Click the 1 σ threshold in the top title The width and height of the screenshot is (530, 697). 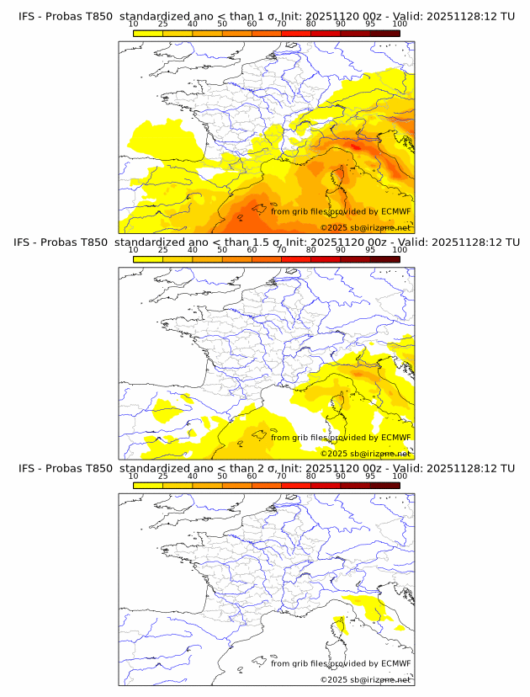click(267, 17)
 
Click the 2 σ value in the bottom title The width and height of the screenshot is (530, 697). click(267, 468)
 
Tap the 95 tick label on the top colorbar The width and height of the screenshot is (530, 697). click(370, 24)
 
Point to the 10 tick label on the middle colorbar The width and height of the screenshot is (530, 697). click(133, 250)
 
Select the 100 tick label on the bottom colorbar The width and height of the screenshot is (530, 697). click(400, 476)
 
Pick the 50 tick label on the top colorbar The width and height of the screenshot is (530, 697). click(222, 24)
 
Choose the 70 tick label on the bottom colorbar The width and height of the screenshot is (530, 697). click(281, 476)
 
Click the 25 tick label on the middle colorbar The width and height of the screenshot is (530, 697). click(162, 250)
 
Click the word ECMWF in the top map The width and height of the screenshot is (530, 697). click(395, 211)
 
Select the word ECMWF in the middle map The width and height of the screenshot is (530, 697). click(395, 437)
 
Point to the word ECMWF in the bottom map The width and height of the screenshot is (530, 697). click(395, 662)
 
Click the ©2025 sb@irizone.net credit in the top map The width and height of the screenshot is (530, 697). click(365, 228)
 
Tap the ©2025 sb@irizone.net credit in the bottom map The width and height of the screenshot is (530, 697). click(365, 679)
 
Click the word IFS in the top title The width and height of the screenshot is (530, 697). click(27, 17)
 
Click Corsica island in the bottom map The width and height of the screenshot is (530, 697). click(340, 625)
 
